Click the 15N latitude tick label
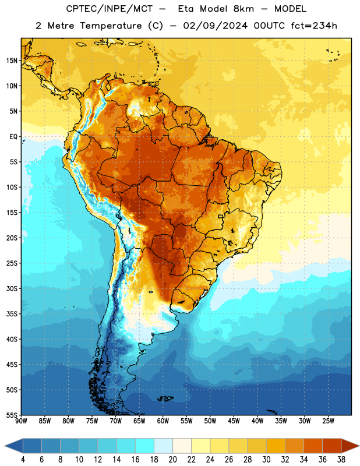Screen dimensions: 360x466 pyautogui.click(x=12, y=61)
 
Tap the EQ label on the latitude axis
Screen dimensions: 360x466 pyautogui.click(x=13, y=137)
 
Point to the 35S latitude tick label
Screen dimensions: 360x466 pyautogui.click(x=12, y=314)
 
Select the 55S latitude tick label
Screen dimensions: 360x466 pyautogui.click(x=12, y=415)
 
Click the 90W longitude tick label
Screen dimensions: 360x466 pyautogui.click(x=21, y=421)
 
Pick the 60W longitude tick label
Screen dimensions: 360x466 pyautogui.click(x=163, y=421)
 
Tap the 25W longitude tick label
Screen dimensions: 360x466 pyautogui.click(x=328, y=421)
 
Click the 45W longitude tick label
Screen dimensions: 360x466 pyautogui.click(x=234, y=421)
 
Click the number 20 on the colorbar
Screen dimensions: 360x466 pyautogui.click(x=172, y=460)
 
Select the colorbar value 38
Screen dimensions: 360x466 pyautogui.click(x=341, y=460)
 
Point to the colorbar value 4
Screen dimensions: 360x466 pyautogui.click(x=23, y=460)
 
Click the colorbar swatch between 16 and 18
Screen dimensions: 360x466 pyautogui.click(x=145, y=446)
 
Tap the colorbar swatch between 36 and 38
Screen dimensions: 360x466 pyautogui.click(x=332, y=446)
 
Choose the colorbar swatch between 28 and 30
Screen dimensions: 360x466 pyautogui.click(x=257, y=446)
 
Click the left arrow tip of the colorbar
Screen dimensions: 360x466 pyautogui.click(x=5, y=446)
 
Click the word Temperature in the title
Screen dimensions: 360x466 pyautogui.click(x=111, y=26)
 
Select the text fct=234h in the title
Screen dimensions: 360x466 pyautogui.click(x=314, y=26)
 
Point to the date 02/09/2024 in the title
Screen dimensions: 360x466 pyautogui.click(x=215, y=26)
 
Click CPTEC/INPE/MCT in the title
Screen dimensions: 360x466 pyautogui.click(x=109, y=9)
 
